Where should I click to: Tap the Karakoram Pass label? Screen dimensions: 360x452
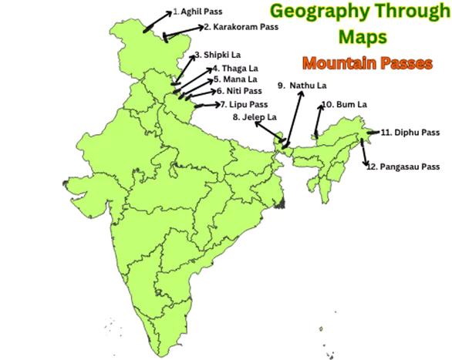(x=240, y=26)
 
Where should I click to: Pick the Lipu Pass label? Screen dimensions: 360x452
(x=244, y=104)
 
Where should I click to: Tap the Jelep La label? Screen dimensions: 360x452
(x=254, y=117)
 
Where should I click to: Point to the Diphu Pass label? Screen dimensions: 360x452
(x=409, y=133)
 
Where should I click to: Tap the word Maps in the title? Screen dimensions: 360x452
(x=362, y=36)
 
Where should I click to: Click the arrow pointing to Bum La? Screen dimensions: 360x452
(x=318, y=120)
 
